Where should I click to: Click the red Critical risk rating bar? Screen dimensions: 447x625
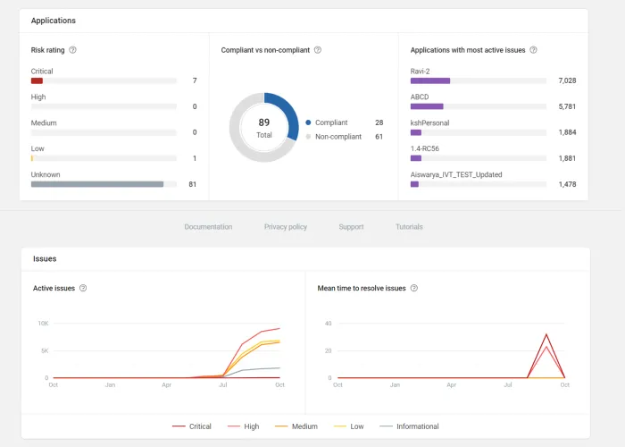click(37, 80)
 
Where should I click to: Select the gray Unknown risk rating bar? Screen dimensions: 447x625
click(97, 184)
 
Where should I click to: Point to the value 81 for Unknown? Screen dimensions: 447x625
click(192, 184)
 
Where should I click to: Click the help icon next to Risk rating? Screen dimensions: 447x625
click(72, 50)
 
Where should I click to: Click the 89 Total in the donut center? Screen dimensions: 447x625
click(263, 127)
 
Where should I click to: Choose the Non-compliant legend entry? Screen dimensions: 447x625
click(338, 137)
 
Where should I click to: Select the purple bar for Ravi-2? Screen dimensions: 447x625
click(430, 80)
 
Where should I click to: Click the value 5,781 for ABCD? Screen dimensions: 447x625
click(567, 106)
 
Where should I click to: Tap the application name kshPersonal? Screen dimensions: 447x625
click(429, 122)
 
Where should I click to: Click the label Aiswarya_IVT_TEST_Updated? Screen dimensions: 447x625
click(456, 174)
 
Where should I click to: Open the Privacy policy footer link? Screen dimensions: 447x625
click(286, 227)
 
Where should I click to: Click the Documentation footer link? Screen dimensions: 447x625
click(208, 227)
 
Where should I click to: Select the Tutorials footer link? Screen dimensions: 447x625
click(409, 227)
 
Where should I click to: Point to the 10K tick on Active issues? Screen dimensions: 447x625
click(43, 324)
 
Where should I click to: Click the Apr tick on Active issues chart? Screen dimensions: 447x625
click(166, 385)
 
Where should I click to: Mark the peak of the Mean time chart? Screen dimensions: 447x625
click(546, 334)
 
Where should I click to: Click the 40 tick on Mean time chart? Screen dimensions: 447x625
click(328, 324)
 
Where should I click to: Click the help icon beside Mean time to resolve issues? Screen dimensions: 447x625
click(414, 288)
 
